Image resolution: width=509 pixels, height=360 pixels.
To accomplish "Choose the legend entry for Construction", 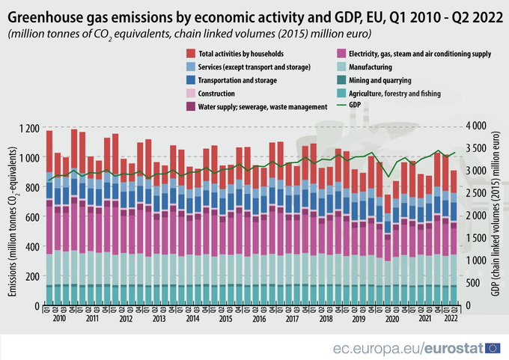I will [x=216, y=94].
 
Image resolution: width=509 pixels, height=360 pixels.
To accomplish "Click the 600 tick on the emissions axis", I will [x=31, y=217].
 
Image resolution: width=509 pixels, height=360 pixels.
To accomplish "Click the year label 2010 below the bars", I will [x=59, y=318].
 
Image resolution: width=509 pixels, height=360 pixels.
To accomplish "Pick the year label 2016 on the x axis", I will [x=260, y=318].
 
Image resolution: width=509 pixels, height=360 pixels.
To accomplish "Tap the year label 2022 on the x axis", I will [x=451, y=318].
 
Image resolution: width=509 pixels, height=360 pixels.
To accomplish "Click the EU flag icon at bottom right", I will [x=493, y=347].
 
